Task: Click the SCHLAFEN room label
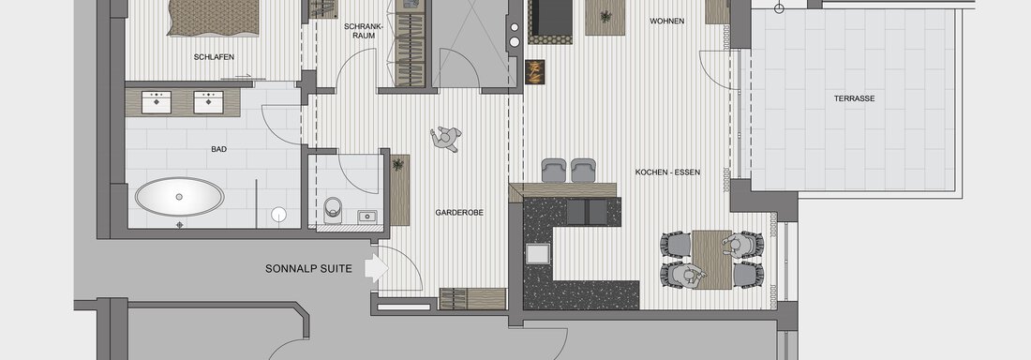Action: (x=215, y=56)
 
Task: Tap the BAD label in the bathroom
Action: (x=219, y=149)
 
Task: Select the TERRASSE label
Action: (x=854, y=98)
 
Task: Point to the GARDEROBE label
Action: (x=459, y=213)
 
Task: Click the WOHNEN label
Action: (x=666, y=21)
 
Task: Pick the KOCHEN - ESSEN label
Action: (x=667, y=172)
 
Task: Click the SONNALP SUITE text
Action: (x=308, y=268)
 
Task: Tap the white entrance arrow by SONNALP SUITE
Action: (x=377, y=268)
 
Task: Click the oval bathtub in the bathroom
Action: (x=180, y=196)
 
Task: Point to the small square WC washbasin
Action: (x=366, y=217)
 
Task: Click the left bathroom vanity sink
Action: (x=157, y=102)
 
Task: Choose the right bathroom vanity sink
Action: (x=208, y=102)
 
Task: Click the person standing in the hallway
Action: (x=446, y=139)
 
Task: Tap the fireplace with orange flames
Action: (x=534, y=72)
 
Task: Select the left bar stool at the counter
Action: (x=553, y=171)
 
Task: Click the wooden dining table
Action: (x=712, y=260)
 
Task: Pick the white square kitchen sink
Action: (x=536, y=253)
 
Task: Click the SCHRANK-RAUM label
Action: (x=359, y=31)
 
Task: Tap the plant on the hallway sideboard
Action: (x=397, y=164)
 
